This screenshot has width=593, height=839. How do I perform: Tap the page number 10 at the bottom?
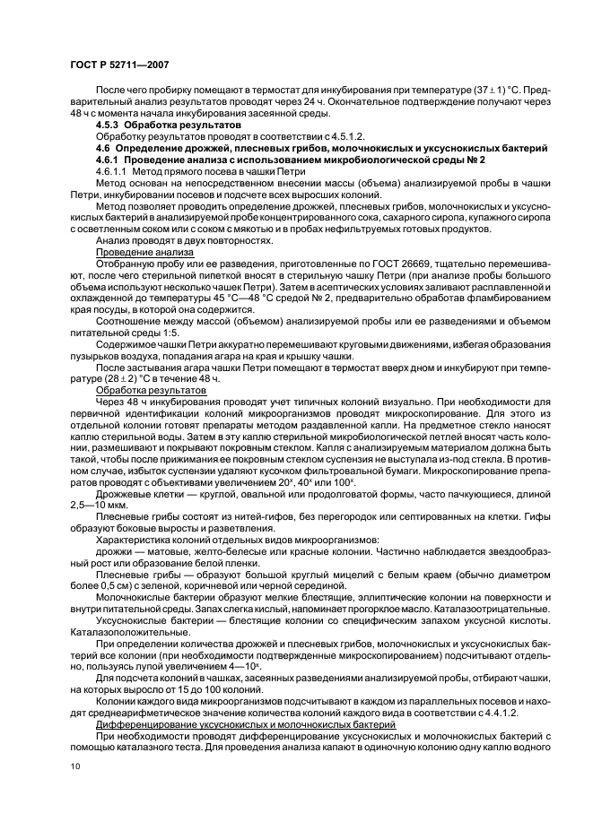(x=74, y=766)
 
